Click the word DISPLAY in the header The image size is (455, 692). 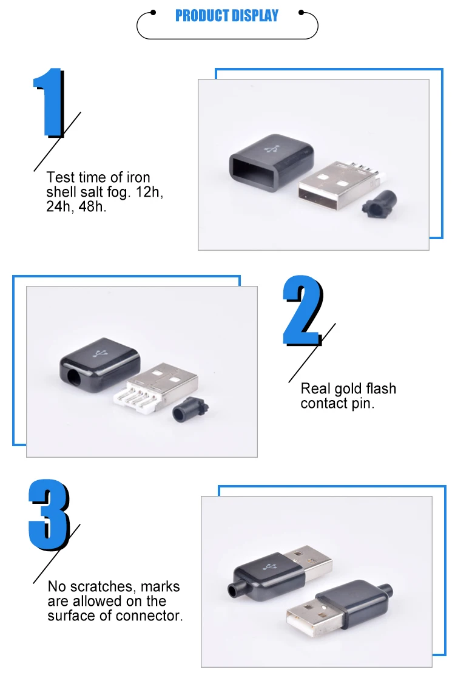pyautogui.click(x=254, y=16)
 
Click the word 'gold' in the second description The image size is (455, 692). pyautogui.click(x=348, y=388)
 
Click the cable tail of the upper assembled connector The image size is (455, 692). pyautogui.click(x=232, y=589)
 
